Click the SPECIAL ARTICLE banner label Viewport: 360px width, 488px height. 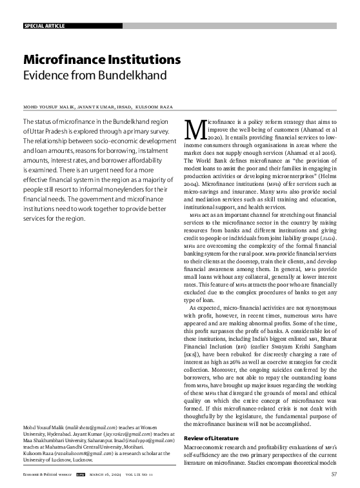point(44,26)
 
